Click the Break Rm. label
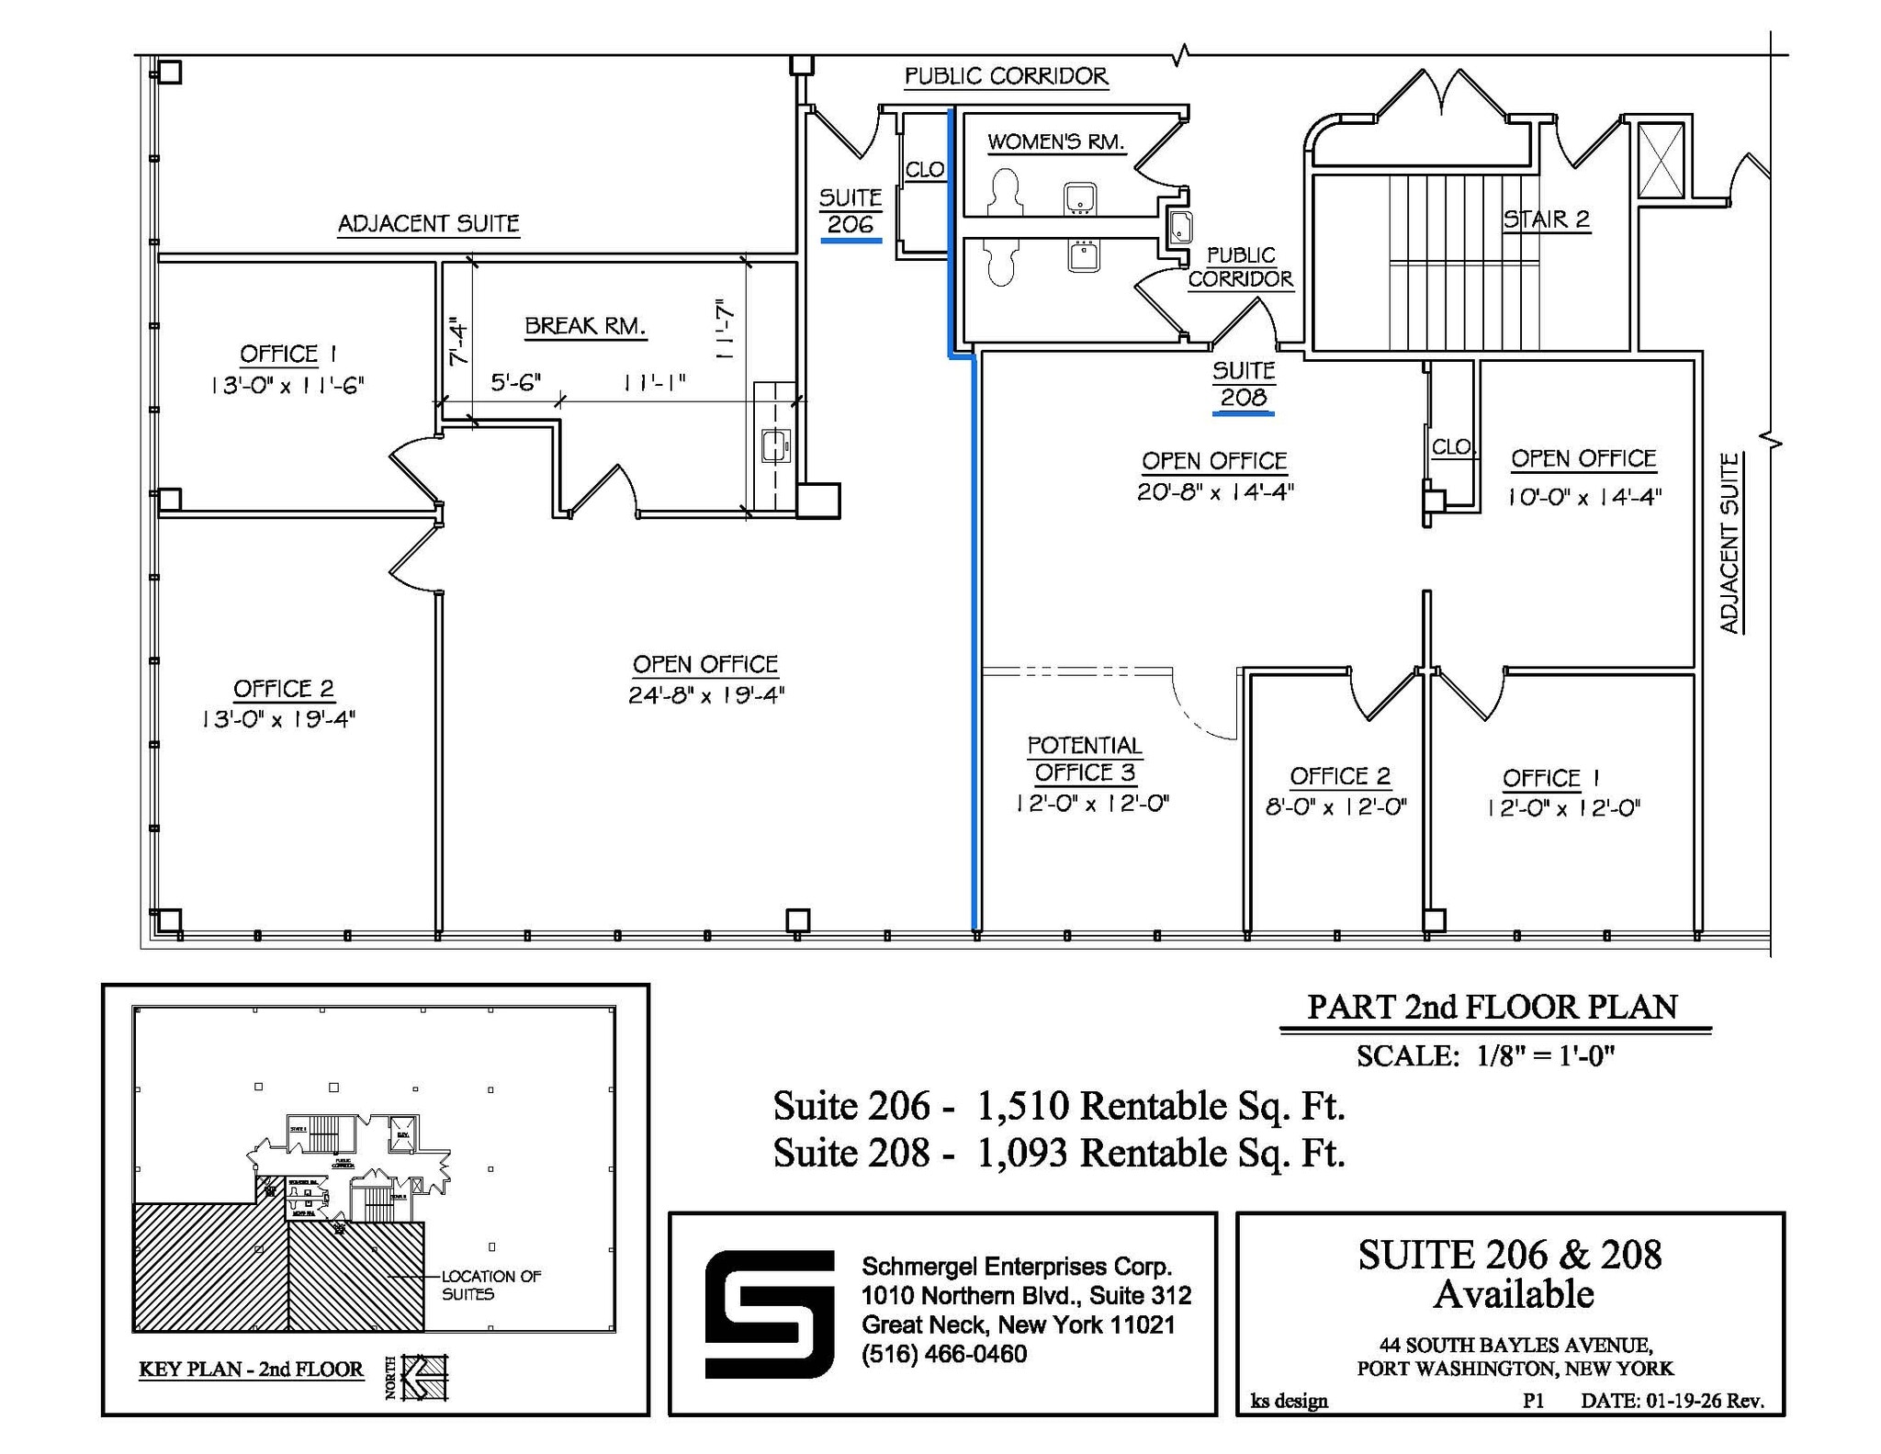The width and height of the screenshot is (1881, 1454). point(585,326)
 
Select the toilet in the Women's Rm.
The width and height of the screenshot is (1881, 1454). point(1006,191)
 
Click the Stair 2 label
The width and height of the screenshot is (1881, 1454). point(1546,220)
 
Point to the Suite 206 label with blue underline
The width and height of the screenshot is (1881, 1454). point(850,212)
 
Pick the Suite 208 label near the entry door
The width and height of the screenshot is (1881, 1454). point(1243,385)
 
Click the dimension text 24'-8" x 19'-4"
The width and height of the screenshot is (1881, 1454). point(705,695)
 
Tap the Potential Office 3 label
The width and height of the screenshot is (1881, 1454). point(1085,759)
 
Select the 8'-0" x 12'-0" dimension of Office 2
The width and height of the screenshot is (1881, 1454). point(1336,807)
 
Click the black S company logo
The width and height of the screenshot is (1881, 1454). point(769,1313)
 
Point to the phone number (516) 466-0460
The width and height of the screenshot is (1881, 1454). point(943,1354)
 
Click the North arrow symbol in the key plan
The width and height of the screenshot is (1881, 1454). point(424,1377)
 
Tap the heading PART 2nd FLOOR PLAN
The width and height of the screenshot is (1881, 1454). point(1492,1007)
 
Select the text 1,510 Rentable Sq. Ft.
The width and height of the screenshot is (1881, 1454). point(1161,1106)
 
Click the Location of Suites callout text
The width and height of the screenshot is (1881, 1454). point(490,1285)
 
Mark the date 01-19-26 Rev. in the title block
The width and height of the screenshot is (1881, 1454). point(1672,1401)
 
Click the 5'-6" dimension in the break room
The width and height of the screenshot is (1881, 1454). point(515,382)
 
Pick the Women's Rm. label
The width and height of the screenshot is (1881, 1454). point(1055,142)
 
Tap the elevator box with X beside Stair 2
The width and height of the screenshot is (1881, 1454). point(1661,160)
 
